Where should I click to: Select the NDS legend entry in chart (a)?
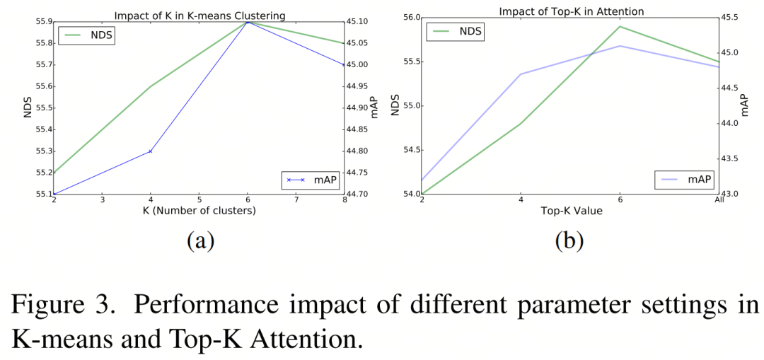pyautogui.click(x=86, y=34)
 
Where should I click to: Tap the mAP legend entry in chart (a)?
pyautogui.click(x=311, y=180)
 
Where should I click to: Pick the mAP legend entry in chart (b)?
pyautogui.click(x=685, y=180)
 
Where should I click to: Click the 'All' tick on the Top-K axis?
pyautogui.click(x=719, y=201)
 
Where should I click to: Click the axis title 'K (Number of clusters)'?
pyautogui.click(x=199, y=211)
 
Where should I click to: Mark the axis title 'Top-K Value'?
pyautogui.click(x=569, y=211)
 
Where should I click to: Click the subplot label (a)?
pyautogui.click(x=200, y=241)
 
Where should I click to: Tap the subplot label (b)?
pyautogui.click(x=569, y=241)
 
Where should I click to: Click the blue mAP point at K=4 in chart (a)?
pyautogui.click(x=151, y=151)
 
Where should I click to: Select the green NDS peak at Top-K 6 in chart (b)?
pyautogui.click(x=620, y=27)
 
